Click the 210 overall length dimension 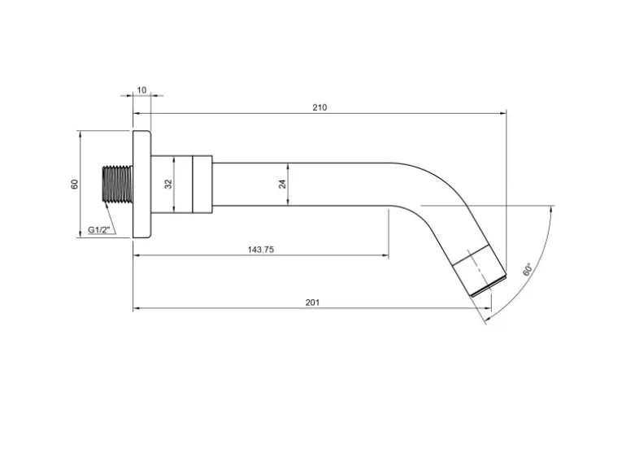[x=320, y=107]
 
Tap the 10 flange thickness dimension [x=141, y=90]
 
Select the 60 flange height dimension [x=75, y=184]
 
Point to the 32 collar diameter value [x=168, y=184]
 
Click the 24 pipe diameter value [x=283, y=184]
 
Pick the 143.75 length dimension [x=261, y=250]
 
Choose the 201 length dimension [x=313, y=302]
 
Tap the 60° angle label [x=527, y=269]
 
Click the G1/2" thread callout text [x=98, y=230]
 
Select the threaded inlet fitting [x=116, y=184]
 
